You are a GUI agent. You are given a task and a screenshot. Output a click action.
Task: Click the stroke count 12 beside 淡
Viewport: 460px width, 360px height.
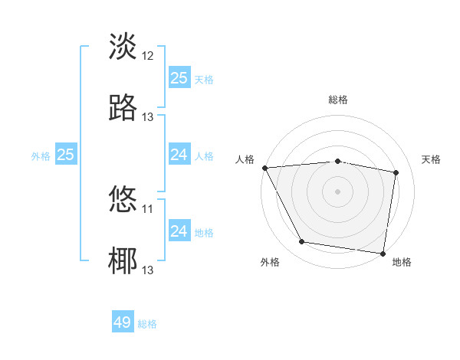click(x=148, y=56)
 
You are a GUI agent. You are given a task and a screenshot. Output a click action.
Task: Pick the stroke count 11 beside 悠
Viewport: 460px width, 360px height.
click(x=148, y=208)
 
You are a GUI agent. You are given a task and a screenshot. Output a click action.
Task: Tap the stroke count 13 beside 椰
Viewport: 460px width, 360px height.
click(x=148, y=270)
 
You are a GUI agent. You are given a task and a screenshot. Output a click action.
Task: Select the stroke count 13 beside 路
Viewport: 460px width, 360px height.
click(x=148, y=117)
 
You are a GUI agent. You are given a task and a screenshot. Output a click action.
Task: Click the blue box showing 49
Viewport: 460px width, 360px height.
click(x=123, y=322)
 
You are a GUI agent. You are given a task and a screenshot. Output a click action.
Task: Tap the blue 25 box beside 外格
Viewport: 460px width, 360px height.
click(x=66, y=155)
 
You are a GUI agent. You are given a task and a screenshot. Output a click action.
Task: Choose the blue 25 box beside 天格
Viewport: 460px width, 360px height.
click(x=179, y=78)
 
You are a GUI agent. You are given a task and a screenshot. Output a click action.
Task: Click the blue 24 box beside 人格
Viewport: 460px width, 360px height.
click(x=179, y=155)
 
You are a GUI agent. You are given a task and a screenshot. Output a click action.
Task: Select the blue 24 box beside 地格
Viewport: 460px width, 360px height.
click(x=179, y=231)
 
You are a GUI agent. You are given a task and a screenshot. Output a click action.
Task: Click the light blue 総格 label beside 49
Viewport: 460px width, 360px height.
click(x=147, y=324)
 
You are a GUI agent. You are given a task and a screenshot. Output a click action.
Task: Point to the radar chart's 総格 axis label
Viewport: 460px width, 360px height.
click(x=338, y=100)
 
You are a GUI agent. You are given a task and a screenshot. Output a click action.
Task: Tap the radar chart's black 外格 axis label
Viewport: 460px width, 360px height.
click(x=270, y=262)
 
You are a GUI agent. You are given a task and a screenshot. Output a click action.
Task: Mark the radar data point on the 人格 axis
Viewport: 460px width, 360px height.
click(x=264, y=168)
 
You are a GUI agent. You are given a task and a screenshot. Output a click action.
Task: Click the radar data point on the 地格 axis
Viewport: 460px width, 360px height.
click(x=383, y=253)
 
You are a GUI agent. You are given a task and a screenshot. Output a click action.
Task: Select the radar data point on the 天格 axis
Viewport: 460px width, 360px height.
click(x=396, y=173)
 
